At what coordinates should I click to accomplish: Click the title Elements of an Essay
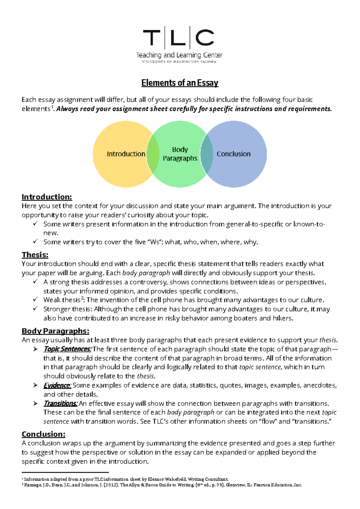180,83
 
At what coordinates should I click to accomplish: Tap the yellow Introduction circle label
126,154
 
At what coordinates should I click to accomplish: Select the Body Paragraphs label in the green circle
180,154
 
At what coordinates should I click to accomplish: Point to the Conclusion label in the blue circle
233,154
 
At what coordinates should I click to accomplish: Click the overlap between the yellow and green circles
153,154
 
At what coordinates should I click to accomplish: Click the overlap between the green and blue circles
206,154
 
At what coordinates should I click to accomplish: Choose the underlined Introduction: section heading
47,197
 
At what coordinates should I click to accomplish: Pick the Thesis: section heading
35,255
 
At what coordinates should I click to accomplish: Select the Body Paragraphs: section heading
55,331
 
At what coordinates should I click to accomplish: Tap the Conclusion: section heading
43,434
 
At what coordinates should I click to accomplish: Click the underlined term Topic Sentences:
67,349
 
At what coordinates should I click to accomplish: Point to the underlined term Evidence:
57,385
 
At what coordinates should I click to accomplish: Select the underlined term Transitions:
61,403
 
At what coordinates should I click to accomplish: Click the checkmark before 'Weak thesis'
35,300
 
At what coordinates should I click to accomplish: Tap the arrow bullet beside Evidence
35,385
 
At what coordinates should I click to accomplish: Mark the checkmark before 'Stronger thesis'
35,309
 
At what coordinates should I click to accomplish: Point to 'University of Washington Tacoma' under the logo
179,62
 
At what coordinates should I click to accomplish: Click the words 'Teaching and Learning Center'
179,55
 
